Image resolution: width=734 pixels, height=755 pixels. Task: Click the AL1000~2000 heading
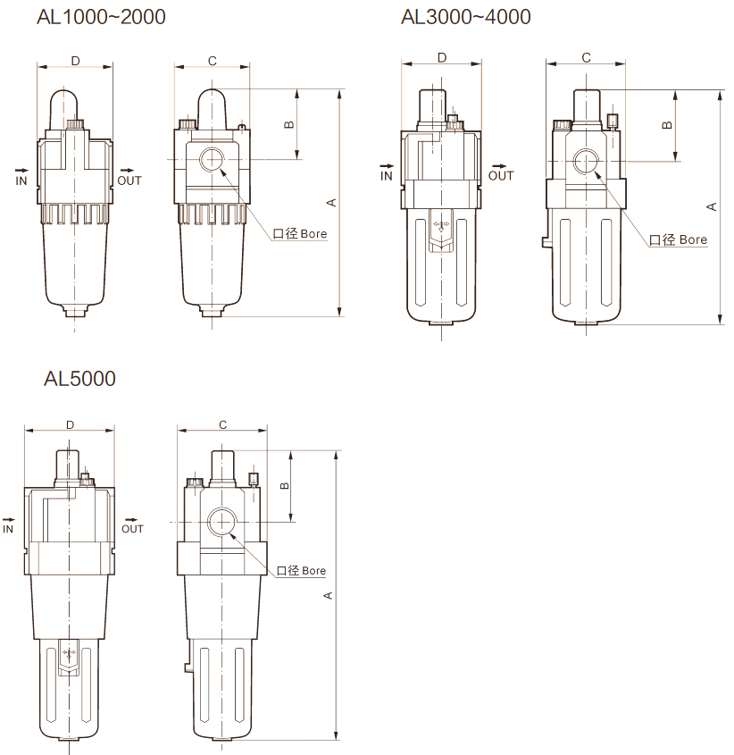pos(101,17)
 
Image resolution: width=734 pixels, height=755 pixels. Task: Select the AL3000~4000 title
pos(466,17)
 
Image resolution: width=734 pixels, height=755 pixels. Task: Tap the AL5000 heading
pos(79,379)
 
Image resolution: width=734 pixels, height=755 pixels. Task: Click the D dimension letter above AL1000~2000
pos(76,61)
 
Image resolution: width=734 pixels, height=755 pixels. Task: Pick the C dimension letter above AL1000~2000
pos(213,61)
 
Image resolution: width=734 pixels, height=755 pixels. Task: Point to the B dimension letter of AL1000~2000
pos(288,124)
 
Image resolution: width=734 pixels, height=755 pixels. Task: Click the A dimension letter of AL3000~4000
pos(712,206)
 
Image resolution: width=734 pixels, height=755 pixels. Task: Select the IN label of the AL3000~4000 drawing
pos(387,176)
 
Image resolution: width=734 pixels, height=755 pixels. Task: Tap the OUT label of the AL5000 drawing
pos(132,529)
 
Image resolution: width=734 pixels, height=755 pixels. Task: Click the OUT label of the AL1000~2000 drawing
pos(129,180)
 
